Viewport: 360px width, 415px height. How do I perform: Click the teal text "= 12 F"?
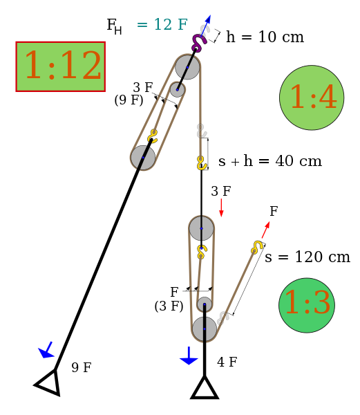pyautogui.click(x=162, y=25)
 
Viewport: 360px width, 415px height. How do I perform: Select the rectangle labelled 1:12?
pyautogui.click(x=61, y=66)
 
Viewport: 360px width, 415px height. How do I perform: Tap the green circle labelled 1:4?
pyautogui.click(x=312, y=98)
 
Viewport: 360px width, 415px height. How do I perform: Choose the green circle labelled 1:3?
pyautogui.click(x=307, y=305)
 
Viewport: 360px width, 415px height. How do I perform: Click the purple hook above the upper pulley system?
pyautogui.click(x=198, y=44)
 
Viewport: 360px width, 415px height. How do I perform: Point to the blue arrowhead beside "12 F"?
pyautogui.click(x=207, y=19)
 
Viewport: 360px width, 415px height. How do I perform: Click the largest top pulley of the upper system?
pyautogui.click(x=187, y=67)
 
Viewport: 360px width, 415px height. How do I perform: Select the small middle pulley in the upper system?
pyautogui.click(x=178, y=89)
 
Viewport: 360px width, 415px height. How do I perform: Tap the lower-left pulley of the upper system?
pyautogui.click(x=143, y=158)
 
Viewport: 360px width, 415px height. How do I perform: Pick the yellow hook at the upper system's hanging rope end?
pyautogui.click(x=201, y=163)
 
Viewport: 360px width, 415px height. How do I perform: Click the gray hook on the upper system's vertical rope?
pyautogui.click(x=201, y=131)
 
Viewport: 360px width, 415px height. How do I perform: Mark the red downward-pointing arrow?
pyautogui.click(x=221, y=208)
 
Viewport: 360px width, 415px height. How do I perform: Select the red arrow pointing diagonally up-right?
pyautogui.click(x=265, y=230)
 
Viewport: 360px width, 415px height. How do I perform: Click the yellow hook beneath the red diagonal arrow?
pyautogui.click(x=257, y=247)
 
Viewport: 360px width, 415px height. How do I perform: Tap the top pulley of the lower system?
pyautogui.click(x=202, y=228)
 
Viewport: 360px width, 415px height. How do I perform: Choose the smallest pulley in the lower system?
pyautogui.click(x=204, y=304)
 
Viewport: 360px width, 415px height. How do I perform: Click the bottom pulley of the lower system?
pyautogui.click(x=205, y=329)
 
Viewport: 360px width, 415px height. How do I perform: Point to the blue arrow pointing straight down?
pyautogui.click(x=189, y=357)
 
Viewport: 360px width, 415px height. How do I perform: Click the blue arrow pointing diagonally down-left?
pyautogui.click(x=46, y=350)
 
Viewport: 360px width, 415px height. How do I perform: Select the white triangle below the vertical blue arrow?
pyautogui.click(x=205, y=389)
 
